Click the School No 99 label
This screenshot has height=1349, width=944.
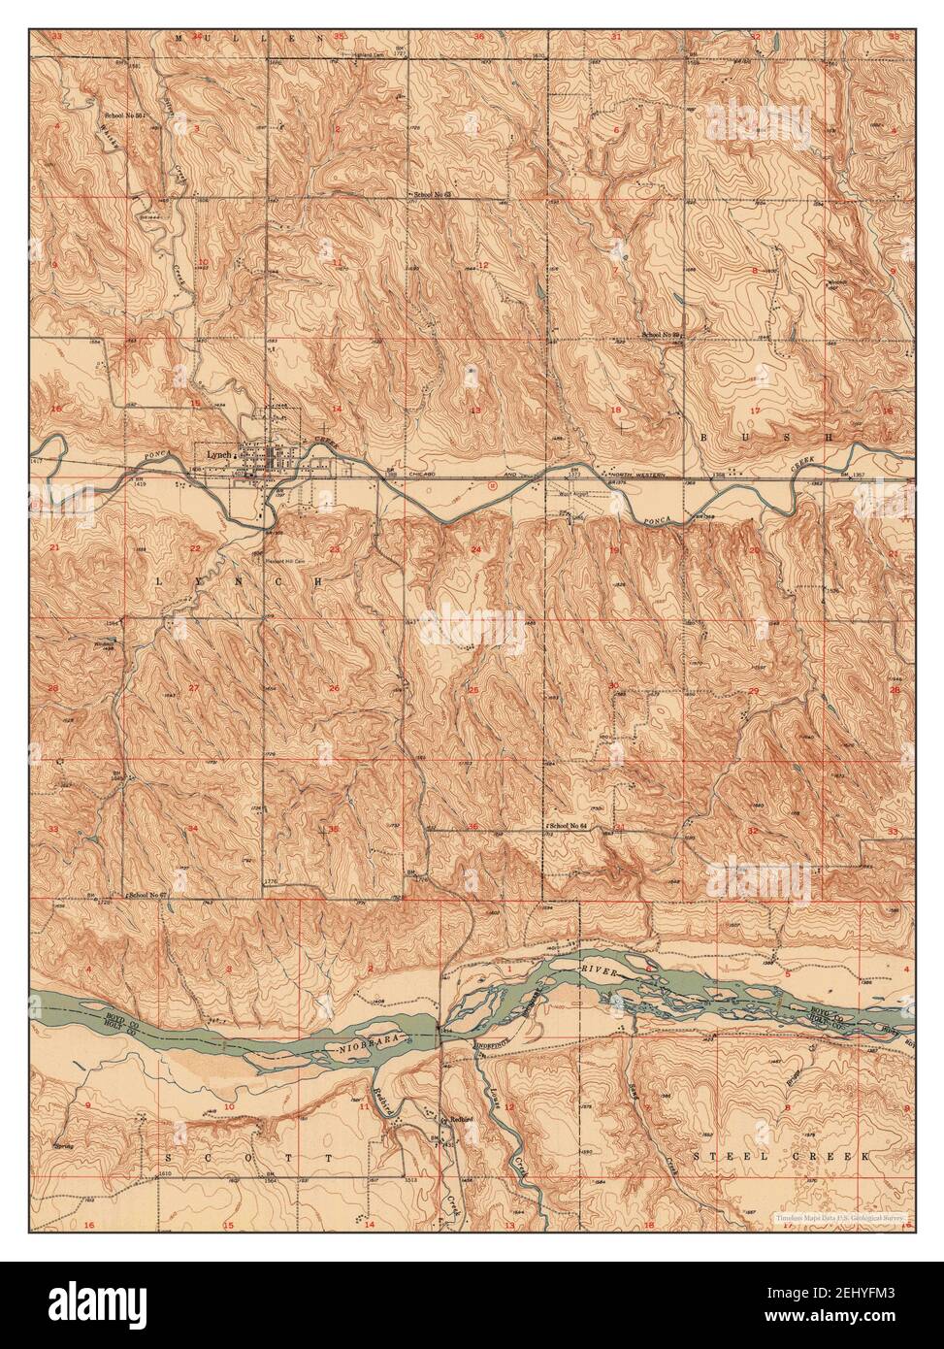click(x=663, y=335)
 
